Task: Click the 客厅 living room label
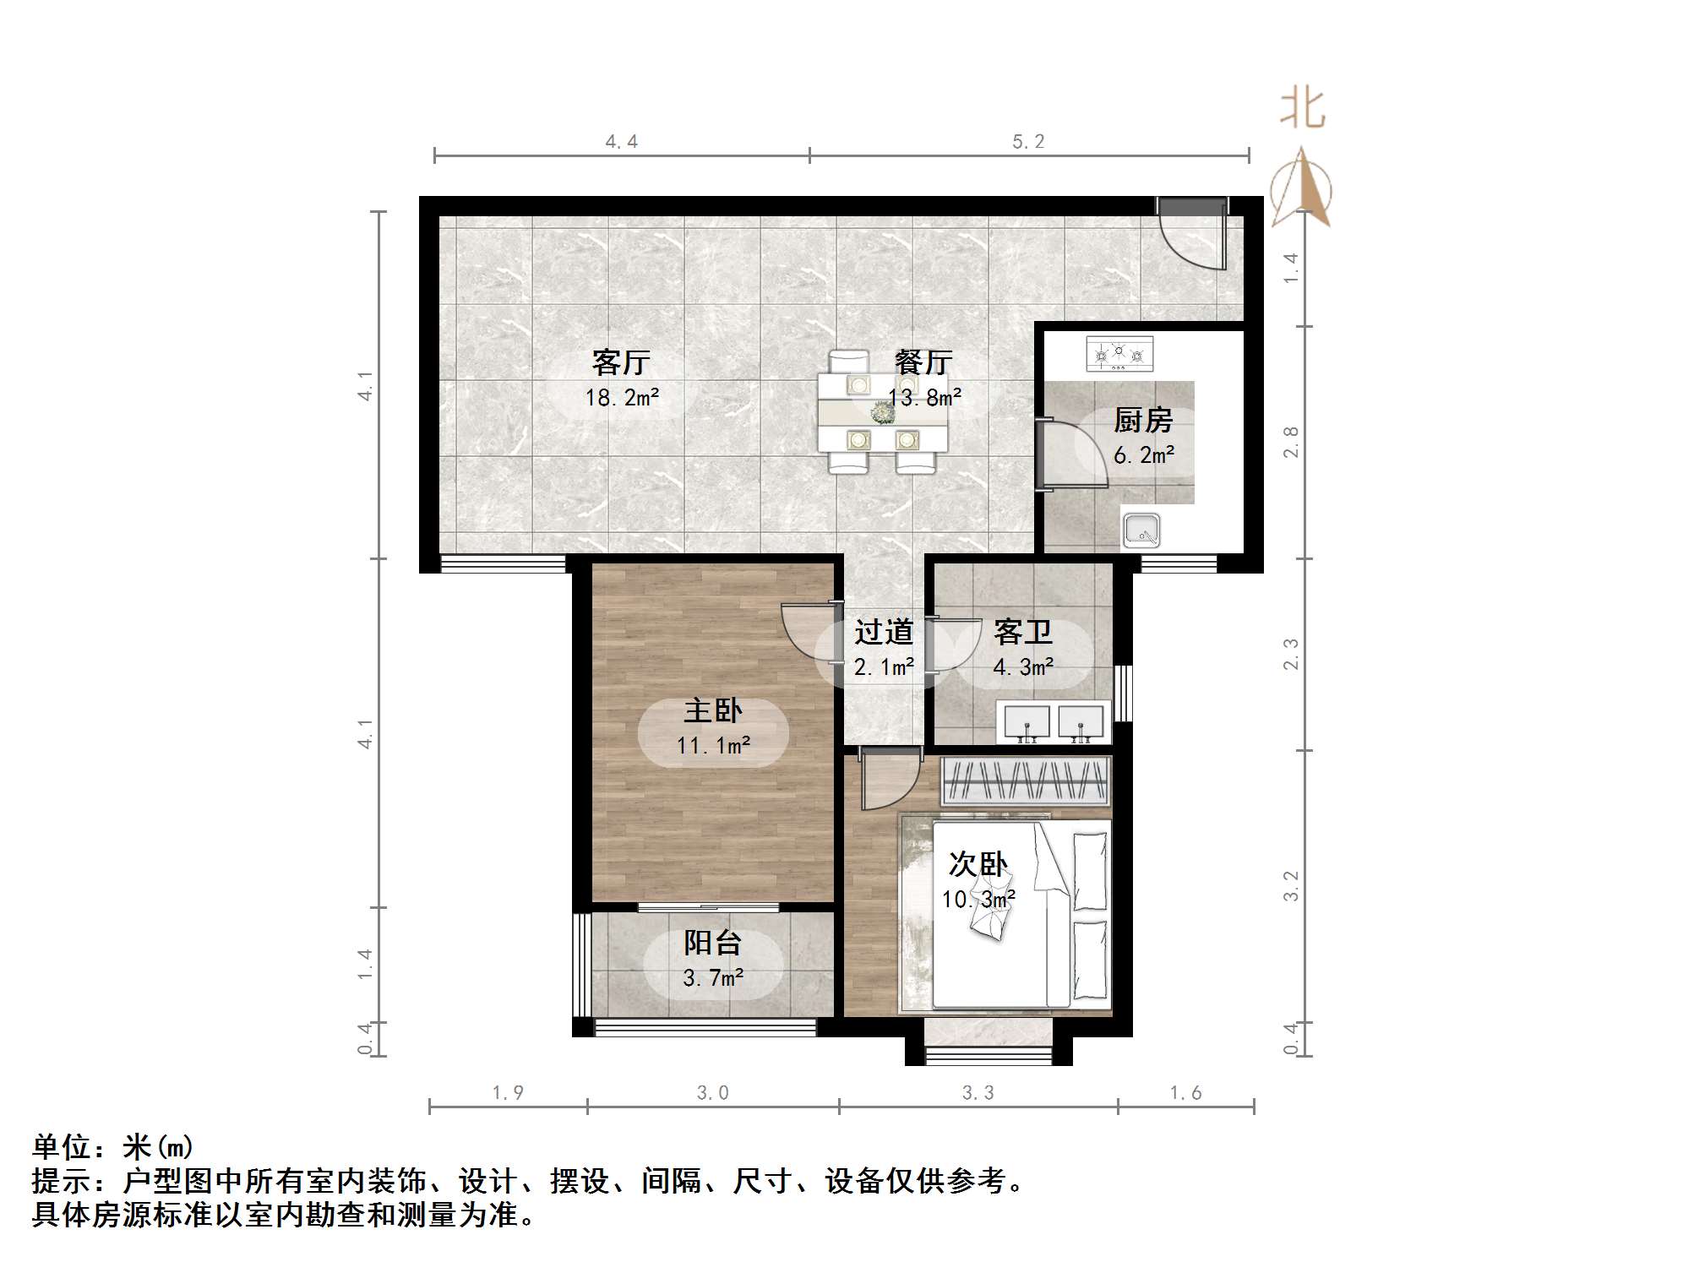pyautogui.click(x=621, y=362)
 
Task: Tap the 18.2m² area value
pyautogui.click(x=622, y=397)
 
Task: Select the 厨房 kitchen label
pyautogui.click(x=1143, y=420)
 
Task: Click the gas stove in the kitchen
pyautogui.click(x=1119, y=354)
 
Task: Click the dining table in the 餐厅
pyautogui.click(x=883, y=413)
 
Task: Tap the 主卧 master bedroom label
pyautogui.click(x=712, y=710)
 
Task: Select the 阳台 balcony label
pyautogui.click(x=712, y=943)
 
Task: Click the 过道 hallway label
pyautogui.click(x=884, y=632)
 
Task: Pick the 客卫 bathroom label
pyautogui.click(x=1022, y=632)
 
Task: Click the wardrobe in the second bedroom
pyautogui.click(x=1025, y=781)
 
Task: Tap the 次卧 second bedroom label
pyautogui.click(x=978, y=864)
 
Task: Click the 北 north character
pyautogui.click(x=1302, y=110)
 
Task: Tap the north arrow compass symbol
pyautogui.click(x=1302, y=188)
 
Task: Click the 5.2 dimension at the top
pyautogui.click(x=1028, y=142)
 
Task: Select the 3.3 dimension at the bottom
pyautogui.click(x=978, y=1093)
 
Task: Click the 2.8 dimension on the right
pyautogui.click(x=1290, y=443)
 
